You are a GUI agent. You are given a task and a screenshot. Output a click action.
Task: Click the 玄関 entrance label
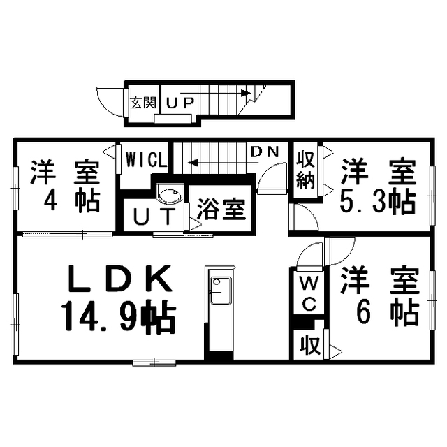coord(143,103)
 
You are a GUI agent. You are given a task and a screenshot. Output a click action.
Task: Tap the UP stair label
coord(180,103)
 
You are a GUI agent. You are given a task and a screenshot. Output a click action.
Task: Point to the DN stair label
coord(265,152)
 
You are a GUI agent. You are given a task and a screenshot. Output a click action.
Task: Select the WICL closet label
coord(146,160)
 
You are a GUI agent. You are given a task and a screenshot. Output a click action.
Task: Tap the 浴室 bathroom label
coord(221,210)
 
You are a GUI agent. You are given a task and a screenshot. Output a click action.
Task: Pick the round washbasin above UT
coord(170,194)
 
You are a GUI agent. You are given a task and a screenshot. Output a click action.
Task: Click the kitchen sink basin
coord(221,291)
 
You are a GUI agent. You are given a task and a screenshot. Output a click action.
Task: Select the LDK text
coord(120,279)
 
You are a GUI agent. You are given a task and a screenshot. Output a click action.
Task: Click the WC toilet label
coord(309,294)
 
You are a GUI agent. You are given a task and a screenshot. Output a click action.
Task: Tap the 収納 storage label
coord(306,170)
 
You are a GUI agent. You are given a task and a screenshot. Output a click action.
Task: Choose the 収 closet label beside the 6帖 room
coord(309,346)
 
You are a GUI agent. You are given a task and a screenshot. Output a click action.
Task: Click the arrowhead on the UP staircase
coord(246,93)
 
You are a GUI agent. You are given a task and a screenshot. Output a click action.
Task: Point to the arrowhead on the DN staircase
coord(193,163)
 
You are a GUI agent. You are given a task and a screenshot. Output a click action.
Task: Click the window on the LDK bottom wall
coord(154,363)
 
